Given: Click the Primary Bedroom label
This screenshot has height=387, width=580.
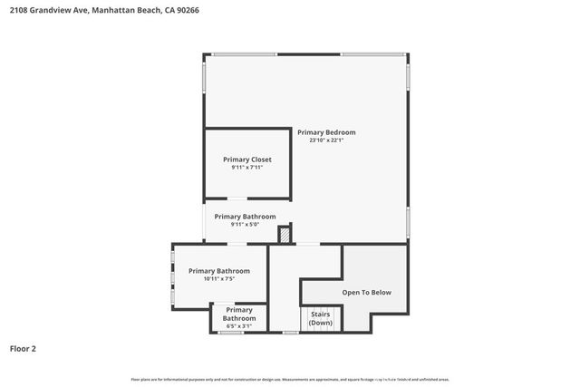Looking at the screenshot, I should point(326,132).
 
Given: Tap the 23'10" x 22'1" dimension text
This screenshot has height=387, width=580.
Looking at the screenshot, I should point(326,140).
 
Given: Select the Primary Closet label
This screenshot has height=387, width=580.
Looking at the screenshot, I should point(247,160).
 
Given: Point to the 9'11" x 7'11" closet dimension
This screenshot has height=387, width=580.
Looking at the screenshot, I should point(247,168).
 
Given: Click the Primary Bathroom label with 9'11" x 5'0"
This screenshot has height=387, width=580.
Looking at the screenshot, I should point(245,217).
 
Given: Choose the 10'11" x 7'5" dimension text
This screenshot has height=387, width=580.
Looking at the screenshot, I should point(218,279).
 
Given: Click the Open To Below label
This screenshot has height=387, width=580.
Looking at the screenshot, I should point(366,292).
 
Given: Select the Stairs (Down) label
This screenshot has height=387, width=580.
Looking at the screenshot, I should point(321,318).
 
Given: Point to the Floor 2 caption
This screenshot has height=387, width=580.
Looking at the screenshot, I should point(23,348).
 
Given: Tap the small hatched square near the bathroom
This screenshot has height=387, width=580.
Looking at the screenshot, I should point(285,236).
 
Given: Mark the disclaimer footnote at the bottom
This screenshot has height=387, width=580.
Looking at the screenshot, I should point(290,379).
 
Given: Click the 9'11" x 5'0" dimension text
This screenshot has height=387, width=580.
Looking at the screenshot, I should point(245,225).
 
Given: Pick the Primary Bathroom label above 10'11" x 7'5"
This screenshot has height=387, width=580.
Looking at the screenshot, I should point(218,270).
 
